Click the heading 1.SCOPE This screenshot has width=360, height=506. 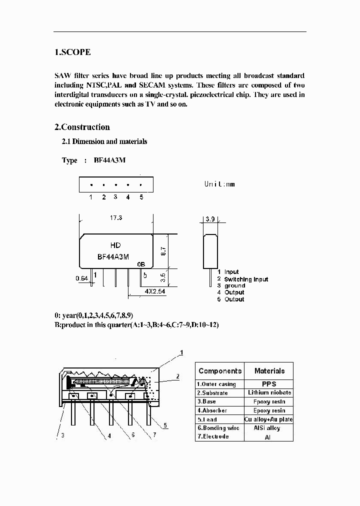tap(72, 52)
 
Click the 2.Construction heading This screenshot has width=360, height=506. tap(82, 127)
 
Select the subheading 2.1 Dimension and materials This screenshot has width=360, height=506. tap(104, 141)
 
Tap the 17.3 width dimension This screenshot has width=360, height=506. tap(116, 218)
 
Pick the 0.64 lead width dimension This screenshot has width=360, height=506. tap(82, 278)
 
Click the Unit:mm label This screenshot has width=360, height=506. tap(219, 184)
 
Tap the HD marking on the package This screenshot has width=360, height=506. tap(115, 245)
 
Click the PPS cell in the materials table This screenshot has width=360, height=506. tap(269, 384)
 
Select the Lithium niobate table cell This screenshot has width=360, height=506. tap(269, 393)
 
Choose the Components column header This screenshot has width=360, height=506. tap(219, 371)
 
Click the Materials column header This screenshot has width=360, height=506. tap(269, 371)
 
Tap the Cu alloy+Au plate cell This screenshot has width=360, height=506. tap(269, 419)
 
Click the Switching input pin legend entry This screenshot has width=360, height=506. tap(245, 279)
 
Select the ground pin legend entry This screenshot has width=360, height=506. tap(234, 285)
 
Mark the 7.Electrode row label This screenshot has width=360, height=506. tap(213, 436)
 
